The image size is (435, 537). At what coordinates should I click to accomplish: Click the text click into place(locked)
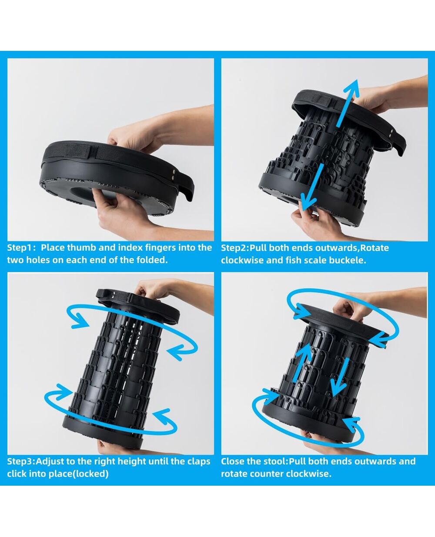pyautogui.click(x=58, y=474)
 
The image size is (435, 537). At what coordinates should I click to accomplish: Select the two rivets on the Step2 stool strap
pyautogui.click(x=391, y=133)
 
